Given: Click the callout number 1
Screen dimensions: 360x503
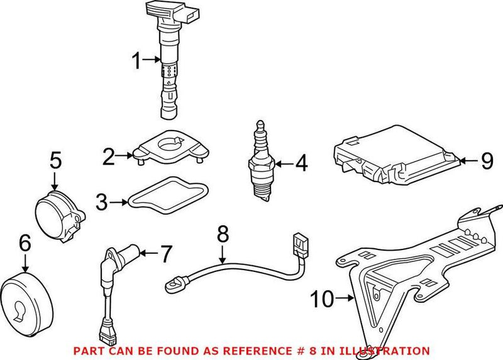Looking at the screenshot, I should [136, 61].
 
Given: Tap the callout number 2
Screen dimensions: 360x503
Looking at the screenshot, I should [109, 155].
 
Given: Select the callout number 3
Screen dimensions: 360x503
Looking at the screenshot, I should [102, 202].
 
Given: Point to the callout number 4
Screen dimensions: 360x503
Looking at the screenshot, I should [301, 164].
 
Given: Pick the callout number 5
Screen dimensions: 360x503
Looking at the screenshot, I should [55, 160].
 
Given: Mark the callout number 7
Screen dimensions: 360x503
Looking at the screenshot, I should [165, 254].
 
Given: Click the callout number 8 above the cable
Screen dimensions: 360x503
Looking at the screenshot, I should [223, 234].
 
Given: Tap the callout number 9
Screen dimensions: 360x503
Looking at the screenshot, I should [487, 161].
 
